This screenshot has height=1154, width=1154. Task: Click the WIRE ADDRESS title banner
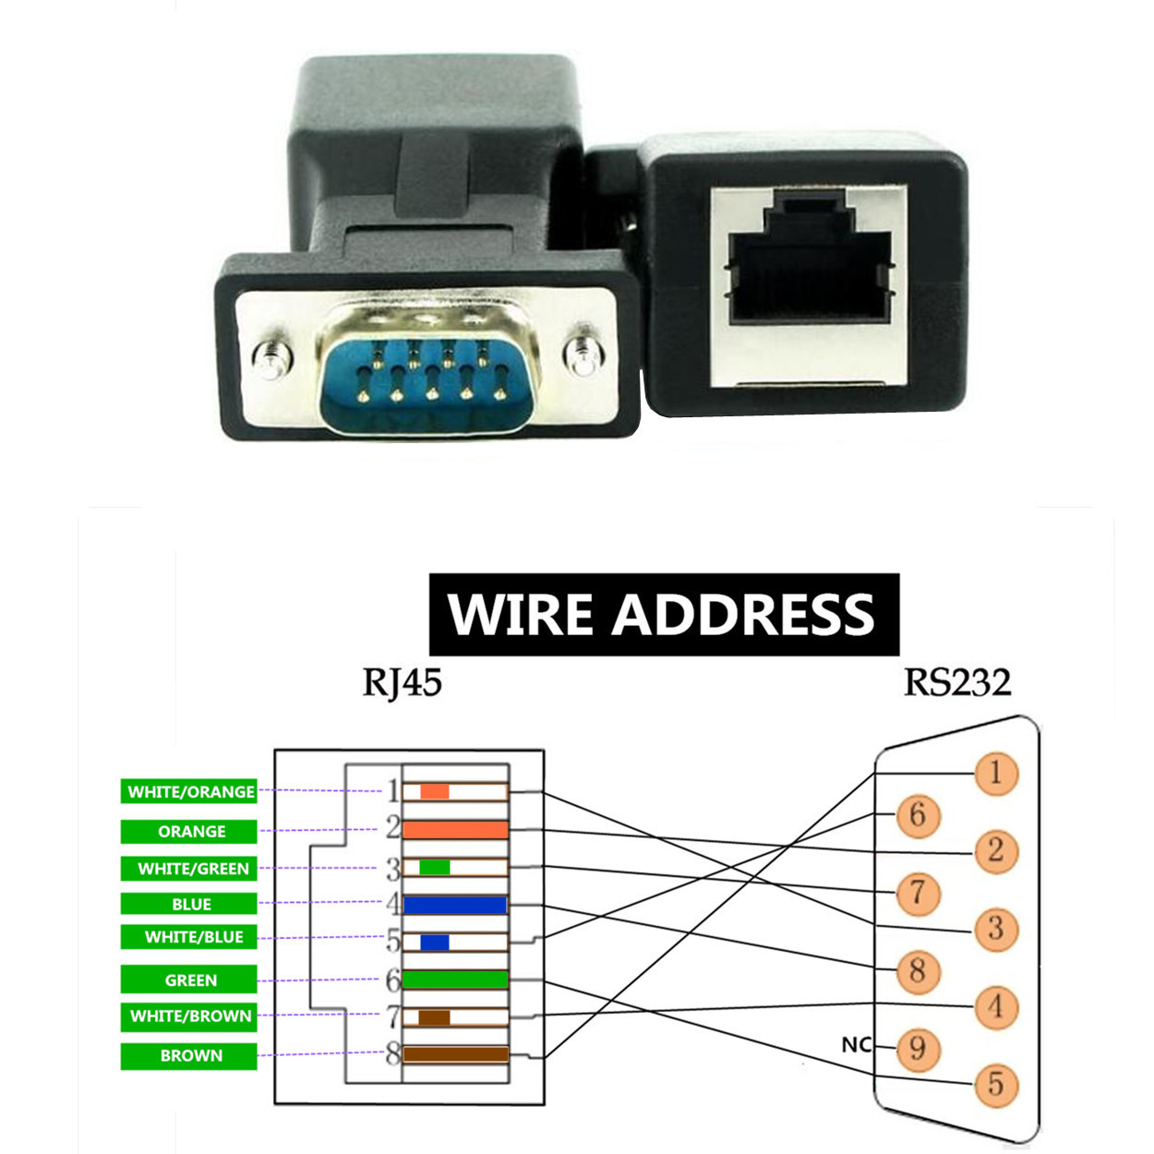coord(663,614)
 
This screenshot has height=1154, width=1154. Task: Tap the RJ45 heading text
coord(402,683)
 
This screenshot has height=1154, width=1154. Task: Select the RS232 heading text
coord(956,683)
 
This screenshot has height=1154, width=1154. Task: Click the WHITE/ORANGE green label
coord(190,792)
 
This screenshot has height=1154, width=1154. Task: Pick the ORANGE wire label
coord(190,832)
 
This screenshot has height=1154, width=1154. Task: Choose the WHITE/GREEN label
coord(192,869)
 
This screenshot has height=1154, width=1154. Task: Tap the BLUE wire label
coord(190,904)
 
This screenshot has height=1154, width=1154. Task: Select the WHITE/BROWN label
coord(190,1016)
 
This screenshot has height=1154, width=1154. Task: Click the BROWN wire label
coord(190,1056)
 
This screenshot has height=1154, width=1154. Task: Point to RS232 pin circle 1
coord(995,773)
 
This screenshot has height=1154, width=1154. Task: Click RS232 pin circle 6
coord(917,814)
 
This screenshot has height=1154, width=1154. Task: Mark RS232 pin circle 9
coord(917,1048)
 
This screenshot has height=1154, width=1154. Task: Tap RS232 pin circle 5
coord(995,1084)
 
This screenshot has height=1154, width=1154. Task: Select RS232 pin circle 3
coord(995,928)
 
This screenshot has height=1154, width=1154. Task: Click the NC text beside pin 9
coord(856,1045)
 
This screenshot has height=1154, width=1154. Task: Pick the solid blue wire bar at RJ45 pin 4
coord(455,905)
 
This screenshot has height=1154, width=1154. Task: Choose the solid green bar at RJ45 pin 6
coord(455,980)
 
